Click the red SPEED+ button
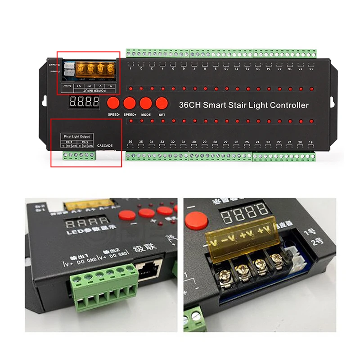click(130, 103)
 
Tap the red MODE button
click(146, 103)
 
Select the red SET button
click(162, 103)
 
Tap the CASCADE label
click(104, 145)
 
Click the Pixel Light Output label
click(77, 136)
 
